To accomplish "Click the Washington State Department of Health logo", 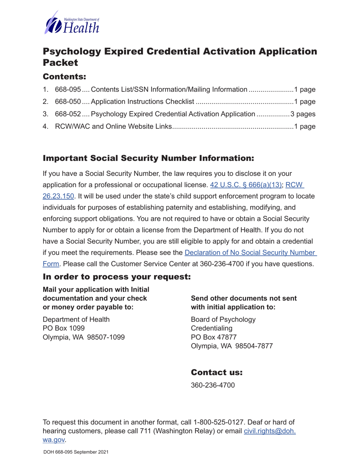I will click(72, 23).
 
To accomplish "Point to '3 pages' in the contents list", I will click(303, 114).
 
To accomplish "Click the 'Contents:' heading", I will click(64, 77).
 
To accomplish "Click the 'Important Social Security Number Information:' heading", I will click(148, 158).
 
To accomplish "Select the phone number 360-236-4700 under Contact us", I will click(213, 385).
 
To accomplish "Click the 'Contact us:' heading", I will click(216, 372).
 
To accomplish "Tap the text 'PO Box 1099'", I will click(64, 328).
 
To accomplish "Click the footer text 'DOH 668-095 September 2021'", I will click(76, 452).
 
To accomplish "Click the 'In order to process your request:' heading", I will click(117, 277).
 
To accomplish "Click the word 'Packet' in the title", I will click(60, 63).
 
